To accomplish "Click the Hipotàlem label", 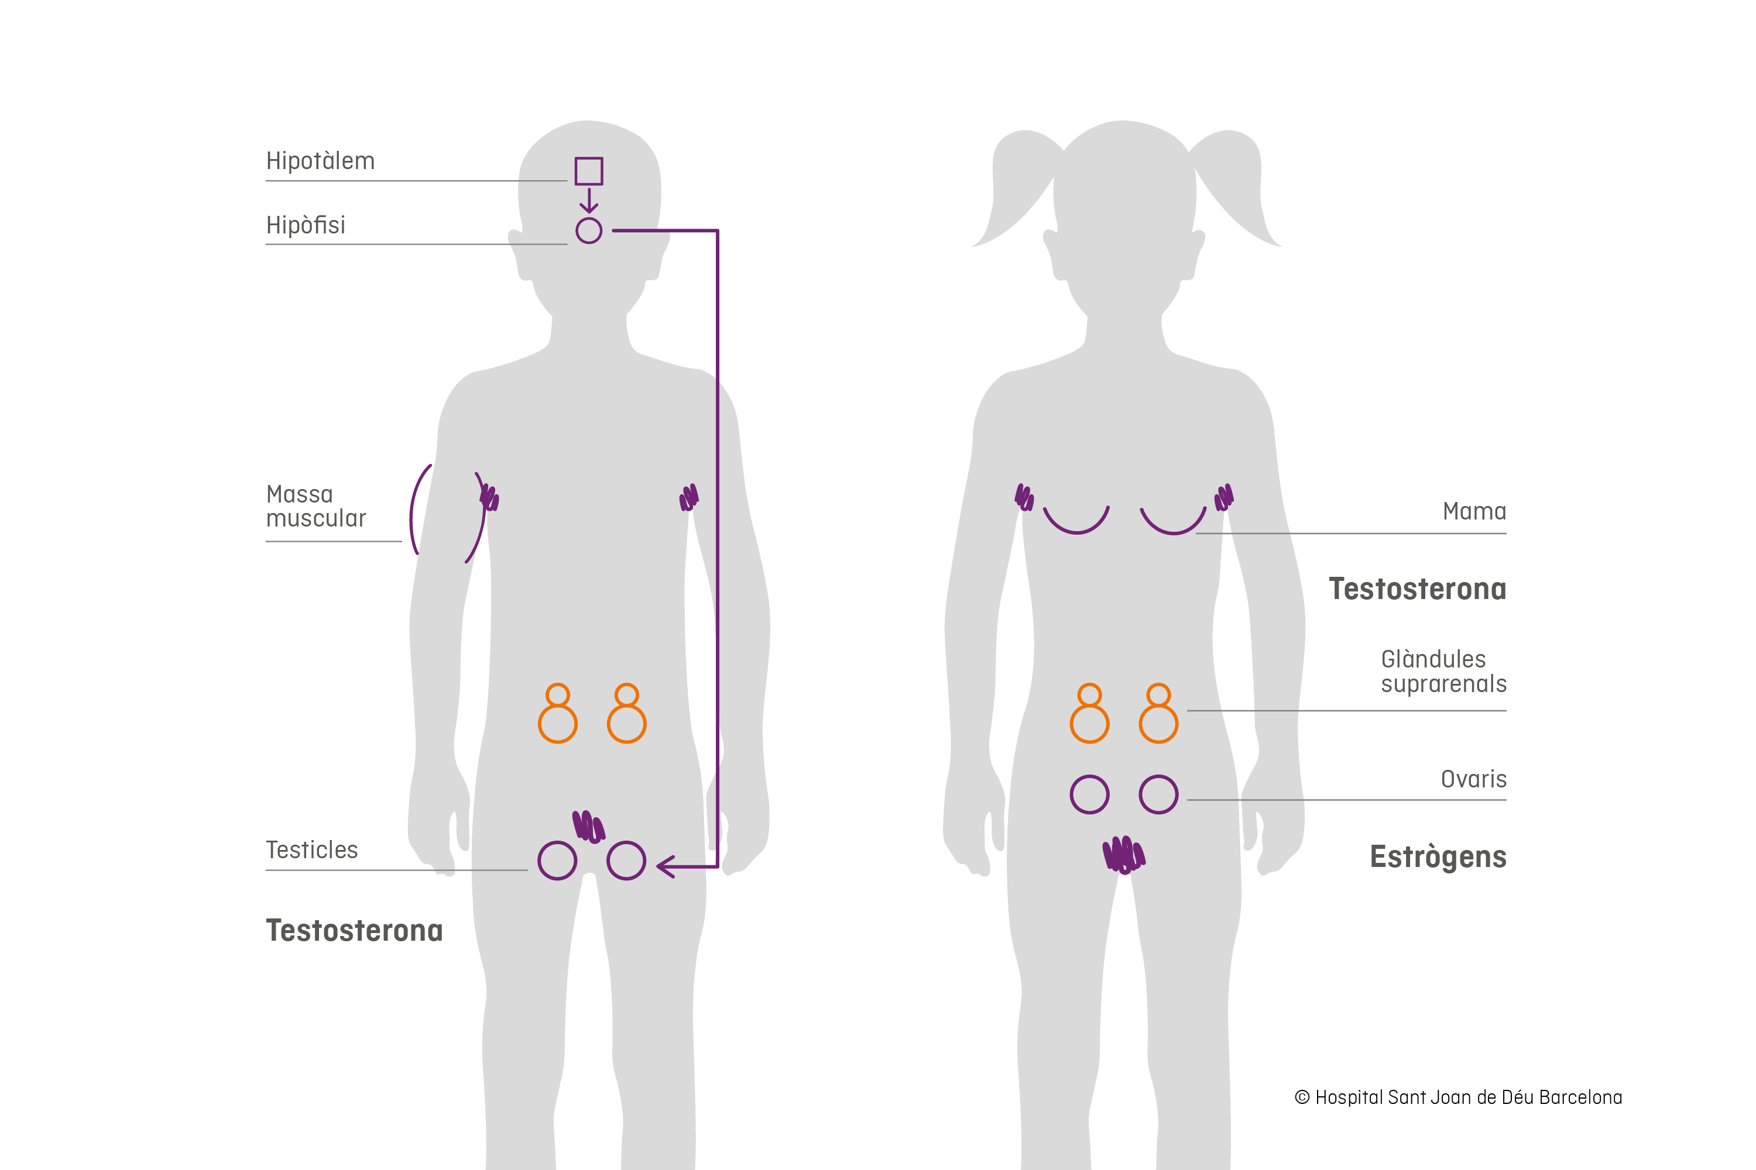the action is click(320, 161).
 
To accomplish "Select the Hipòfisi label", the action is click(306, 225).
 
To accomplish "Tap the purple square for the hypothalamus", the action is click(588, 171).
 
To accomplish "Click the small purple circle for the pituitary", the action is click(588, 230).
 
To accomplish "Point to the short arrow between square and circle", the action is click(588, 201).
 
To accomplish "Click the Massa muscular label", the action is click(316, 507).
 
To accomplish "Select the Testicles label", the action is click(311, 850).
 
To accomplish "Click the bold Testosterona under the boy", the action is click(355, 931).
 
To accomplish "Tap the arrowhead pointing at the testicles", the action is click(664, 866).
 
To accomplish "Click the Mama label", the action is click(1474, 512).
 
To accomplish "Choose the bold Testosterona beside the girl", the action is click(1417, 590).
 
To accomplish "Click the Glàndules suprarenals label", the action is click(1443, 672).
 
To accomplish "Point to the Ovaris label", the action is click(1473, 780).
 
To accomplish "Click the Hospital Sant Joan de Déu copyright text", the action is click(1458, 1097).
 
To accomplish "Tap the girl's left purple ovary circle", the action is click(1089, 794).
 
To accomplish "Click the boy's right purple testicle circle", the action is click(626, 861).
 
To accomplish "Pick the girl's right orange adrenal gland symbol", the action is click(1158, 714).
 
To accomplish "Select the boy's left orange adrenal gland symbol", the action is click(558, 714).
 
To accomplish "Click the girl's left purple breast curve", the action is click(1076, 522).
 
